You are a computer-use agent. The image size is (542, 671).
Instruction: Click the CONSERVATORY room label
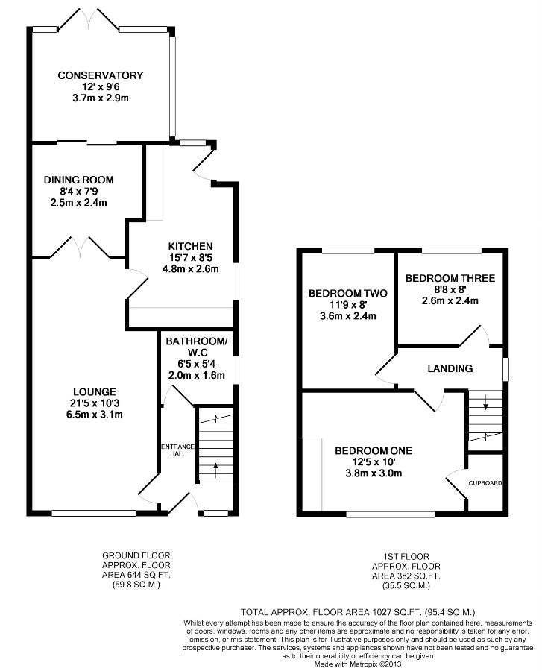click(x=101, y=75)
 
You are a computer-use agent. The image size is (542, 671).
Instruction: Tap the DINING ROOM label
click(x=79, y=180)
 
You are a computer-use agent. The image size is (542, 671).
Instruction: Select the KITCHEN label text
click(x=190, y=246)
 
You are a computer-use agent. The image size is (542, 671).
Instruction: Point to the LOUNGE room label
click(x=95, y=391)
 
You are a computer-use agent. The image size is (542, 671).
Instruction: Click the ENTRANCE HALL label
click(x=177, y=450)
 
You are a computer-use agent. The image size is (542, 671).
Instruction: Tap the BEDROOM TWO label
click(x=347, y=293)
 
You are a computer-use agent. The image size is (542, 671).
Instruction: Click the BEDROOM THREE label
click(x=450, y=278)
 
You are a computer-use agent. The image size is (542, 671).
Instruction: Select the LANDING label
click(x=450, y=368)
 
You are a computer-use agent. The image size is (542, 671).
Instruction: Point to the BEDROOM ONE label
click(x=374, y=450)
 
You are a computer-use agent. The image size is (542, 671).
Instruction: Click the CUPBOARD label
click(x=485, y=482)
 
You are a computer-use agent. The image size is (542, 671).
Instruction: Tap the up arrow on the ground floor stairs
click(x=215, y=470)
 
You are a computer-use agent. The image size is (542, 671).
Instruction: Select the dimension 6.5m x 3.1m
click(x=95, y=415)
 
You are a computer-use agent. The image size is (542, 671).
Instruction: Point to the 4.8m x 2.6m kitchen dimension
click(x=190, y=268)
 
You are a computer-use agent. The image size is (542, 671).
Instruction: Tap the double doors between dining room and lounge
click(x=80, y=248)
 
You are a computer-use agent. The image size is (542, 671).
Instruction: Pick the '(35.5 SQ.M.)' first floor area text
click(x=406, y=586)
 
